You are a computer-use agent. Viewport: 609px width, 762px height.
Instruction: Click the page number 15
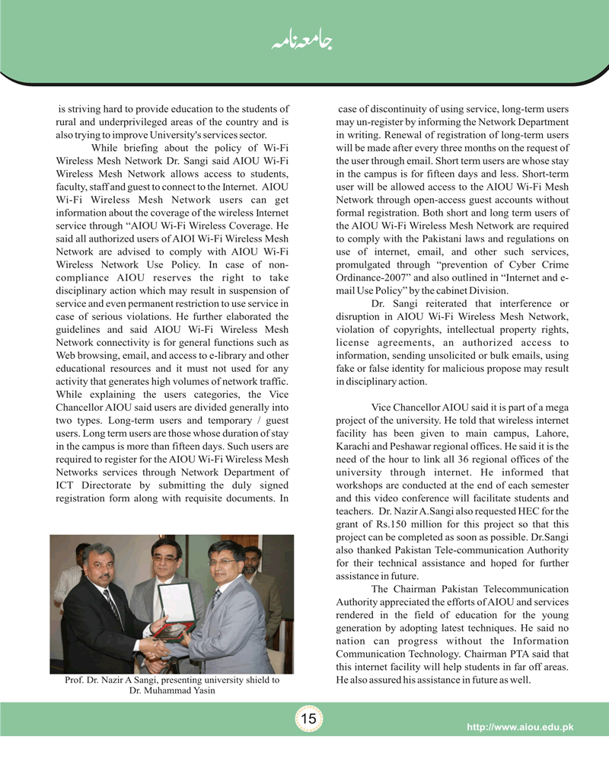(x=308, y=719)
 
